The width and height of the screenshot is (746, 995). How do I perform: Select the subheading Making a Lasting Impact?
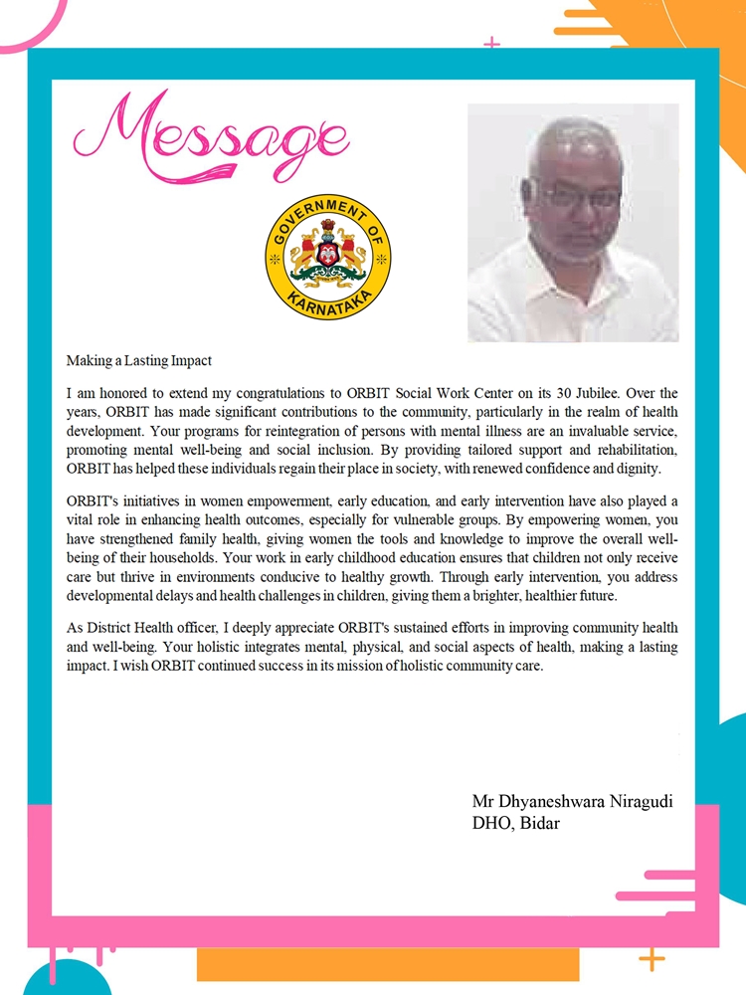click(139, 361)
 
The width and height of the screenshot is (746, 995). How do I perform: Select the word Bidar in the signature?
click(538, 824)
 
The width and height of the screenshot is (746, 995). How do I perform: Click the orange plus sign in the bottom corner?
click(652, 958)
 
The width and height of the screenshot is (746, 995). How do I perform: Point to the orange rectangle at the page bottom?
click(388, 963)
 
